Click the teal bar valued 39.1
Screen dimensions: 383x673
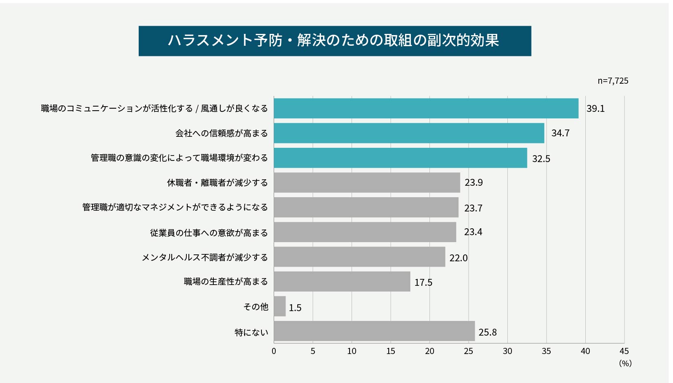(x=426, y=108)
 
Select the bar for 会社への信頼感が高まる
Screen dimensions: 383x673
(x=409, y=133)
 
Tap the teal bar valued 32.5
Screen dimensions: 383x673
(x=400, y=158)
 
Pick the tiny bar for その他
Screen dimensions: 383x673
(x=280, y=306)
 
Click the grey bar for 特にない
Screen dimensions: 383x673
(x=374, y=331)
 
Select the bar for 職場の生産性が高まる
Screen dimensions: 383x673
(x=342, y=281)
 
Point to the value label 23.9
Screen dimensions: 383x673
(x=474, y=183)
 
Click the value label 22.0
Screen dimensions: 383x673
(x=458, y=258)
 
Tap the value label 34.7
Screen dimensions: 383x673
(x=560, y=133)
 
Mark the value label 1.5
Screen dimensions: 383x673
(x=295, y=308)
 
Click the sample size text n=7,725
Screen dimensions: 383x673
(x=613, y=81)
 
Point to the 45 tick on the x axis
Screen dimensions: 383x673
(x=624, y=351)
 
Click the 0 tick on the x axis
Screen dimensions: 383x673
(x=274, y=351)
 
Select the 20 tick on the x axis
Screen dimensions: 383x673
(x=429, y=351)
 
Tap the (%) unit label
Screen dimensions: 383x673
(x=625, y=363)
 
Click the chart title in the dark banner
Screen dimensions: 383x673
(x=334, y=41)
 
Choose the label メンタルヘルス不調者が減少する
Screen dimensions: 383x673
(x=204, y=257)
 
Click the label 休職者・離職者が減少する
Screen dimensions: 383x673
(x=217, y=183)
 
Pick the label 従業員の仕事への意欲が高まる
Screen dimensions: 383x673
(x=209, y=233)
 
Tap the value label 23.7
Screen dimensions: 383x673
(x=473, y=208)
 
